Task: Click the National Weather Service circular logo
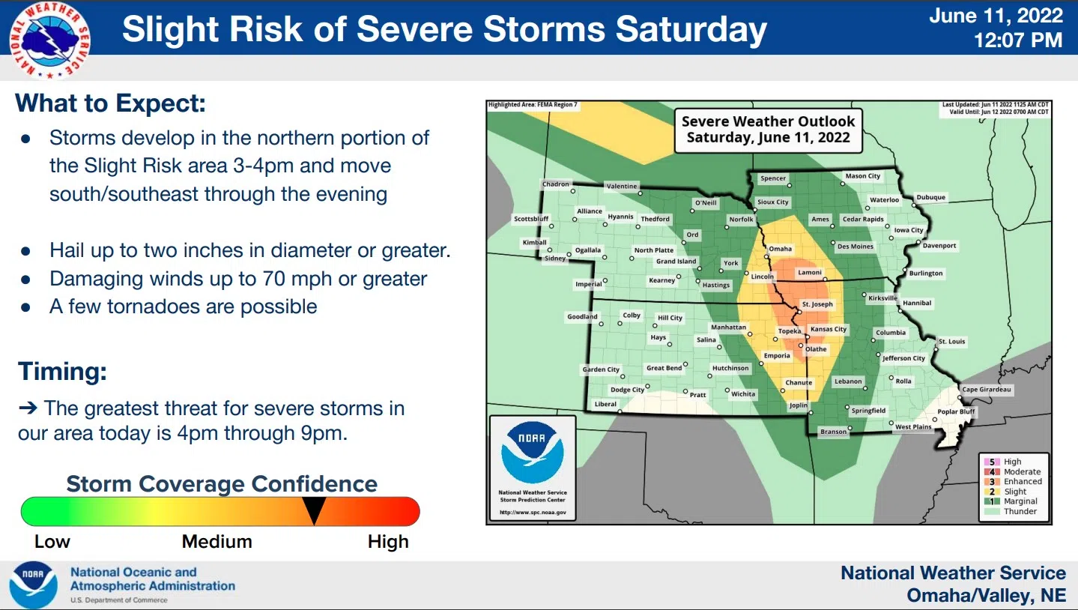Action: [49, 40]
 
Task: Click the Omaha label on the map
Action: [780, 249]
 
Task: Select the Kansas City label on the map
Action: [829, 329]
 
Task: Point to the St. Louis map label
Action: [951, 342]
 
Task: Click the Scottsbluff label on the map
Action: [531, 219]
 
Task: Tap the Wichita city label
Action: [743, 394]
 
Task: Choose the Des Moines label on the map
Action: [856, 247]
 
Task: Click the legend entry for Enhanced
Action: [1013, 481]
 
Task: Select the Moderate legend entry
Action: [1013, 472]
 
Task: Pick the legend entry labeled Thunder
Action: [1011, 511]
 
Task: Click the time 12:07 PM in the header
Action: [1018, 40]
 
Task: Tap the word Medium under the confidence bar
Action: [217, 542]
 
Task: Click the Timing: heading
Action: [62, 372]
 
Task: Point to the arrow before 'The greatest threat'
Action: [28, 408]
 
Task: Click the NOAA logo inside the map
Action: [533, 452]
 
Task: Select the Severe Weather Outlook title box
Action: [768, 130]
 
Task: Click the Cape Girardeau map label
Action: [986, 390]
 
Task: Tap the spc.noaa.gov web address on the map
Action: [533, 513]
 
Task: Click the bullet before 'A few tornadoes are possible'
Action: [26, 307]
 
